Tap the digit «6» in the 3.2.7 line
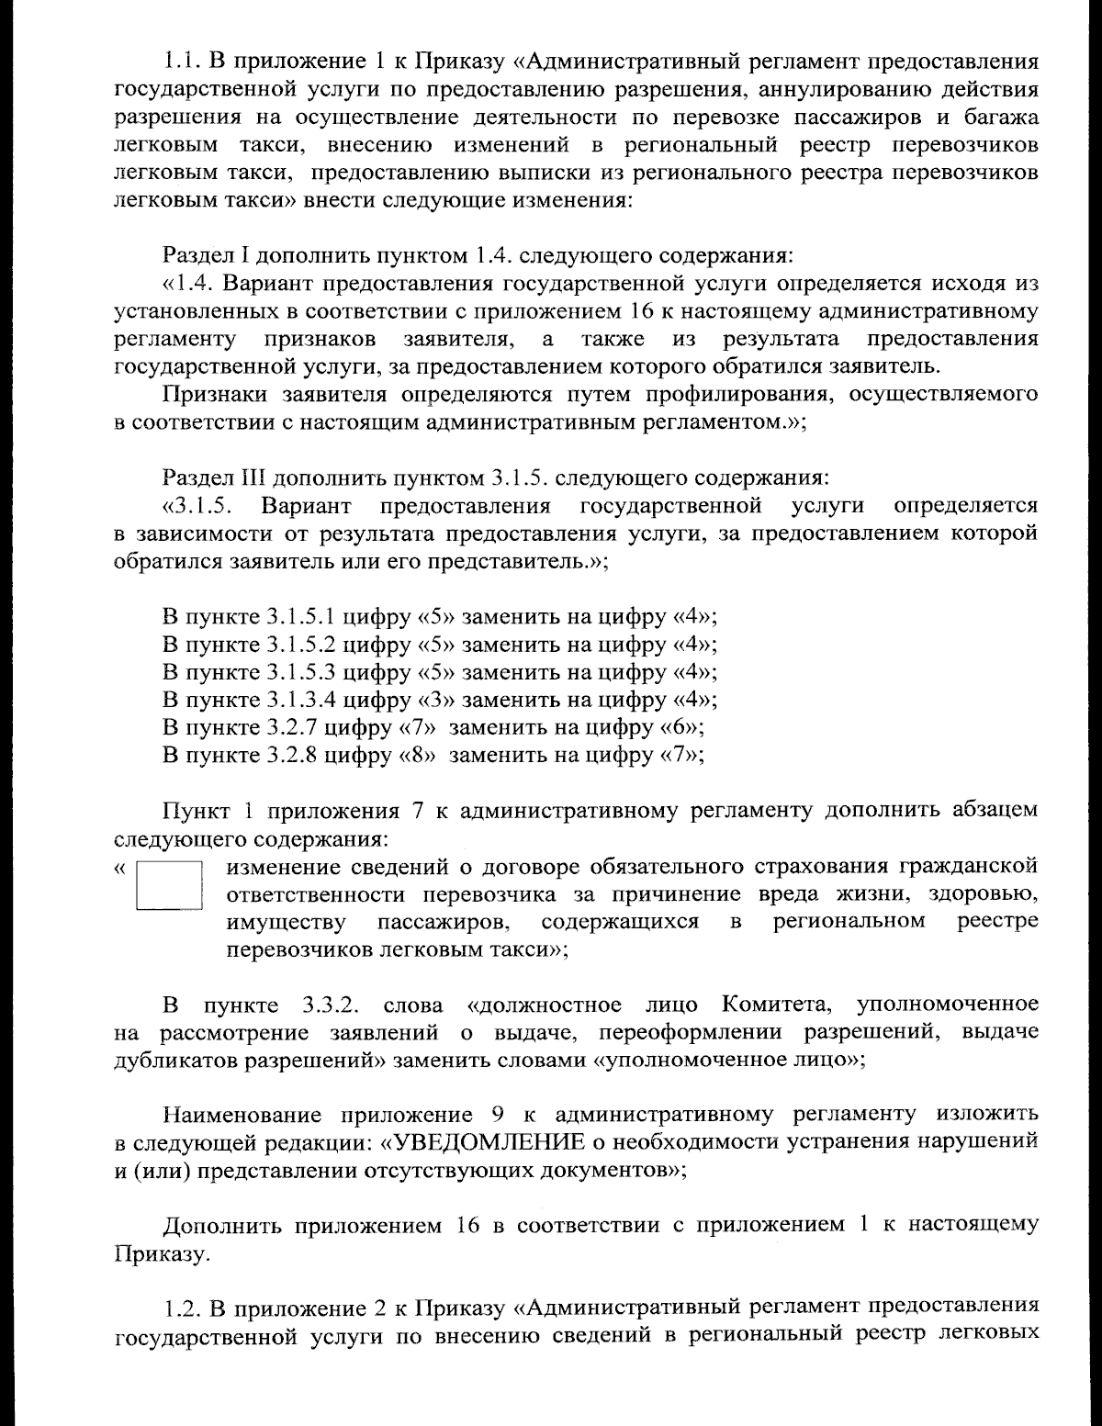coord(680,728)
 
